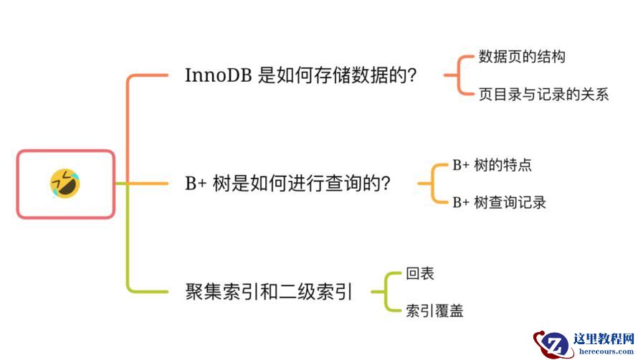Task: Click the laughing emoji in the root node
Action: pos(65,184)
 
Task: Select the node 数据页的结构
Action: pos(522,57)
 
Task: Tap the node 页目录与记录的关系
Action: pos(543,94)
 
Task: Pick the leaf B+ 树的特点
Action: pos(492,165)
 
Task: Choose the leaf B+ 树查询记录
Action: pos(499,202)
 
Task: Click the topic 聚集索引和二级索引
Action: pos(269,292)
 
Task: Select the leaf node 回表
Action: pos(420,273)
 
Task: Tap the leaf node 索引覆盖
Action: pos(434,311)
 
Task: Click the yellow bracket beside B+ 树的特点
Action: pos(429,184)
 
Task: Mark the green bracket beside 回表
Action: pos(383,292)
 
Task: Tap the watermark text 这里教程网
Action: pos(604,338)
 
